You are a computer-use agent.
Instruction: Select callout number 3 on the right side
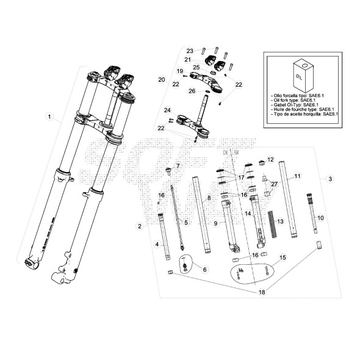(330, 179)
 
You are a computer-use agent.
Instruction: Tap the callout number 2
(140, 226)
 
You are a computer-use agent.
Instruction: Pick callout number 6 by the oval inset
(204, 269)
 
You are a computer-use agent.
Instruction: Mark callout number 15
(282, 258)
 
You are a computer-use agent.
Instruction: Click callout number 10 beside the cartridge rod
(321, 217)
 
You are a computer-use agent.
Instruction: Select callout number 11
(298, 176)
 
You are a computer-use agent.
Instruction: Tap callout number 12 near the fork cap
(270, 159)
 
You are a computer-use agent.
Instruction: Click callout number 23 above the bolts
(190, 51)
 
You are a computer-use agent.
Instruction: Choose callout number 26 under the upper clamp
(191, 91)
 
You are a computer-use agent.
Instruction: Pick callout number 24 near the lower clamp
(165, 110)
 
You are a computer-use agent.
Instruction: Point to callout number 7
(178, 165)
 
